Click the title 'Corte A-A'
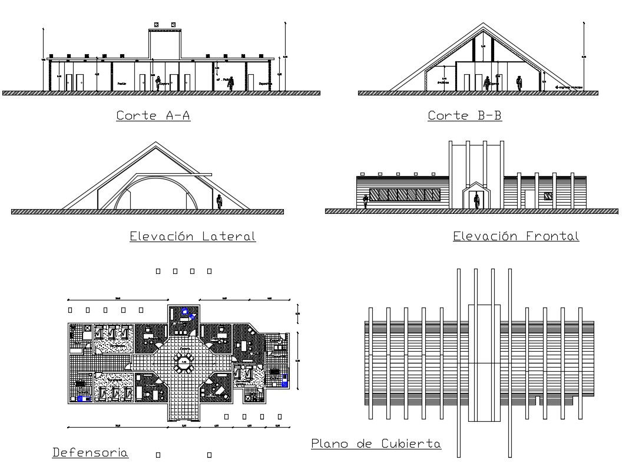pyautogui.click(x=153, y=115)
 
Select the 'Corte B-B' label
pyautogui.click(x=465, y=115)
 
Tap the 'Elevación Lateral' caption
pyautogui.click(x=193, y=237)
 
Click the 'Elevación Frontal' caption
pyautogui.click(x=516, y=236)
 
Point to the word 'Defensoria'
pyautogui.click(x=91, y=452)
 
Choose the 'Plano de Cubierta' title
pyautogui.click(x=376, y=444)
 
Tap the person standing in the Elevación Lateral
pyautogui.click(x=219, y=201)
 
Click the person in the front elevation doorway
pyautogui.click(x=476, y=201)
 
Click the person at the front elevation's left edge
pyautogui.click(x=365, y=201)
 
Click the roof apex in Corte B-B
pyautogui.click(x=484, y=25)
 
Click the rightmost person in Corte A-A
pyautogui.click(x=231, y=83)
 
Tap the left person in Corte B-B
pyautogui.click(x=487, y=84)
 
